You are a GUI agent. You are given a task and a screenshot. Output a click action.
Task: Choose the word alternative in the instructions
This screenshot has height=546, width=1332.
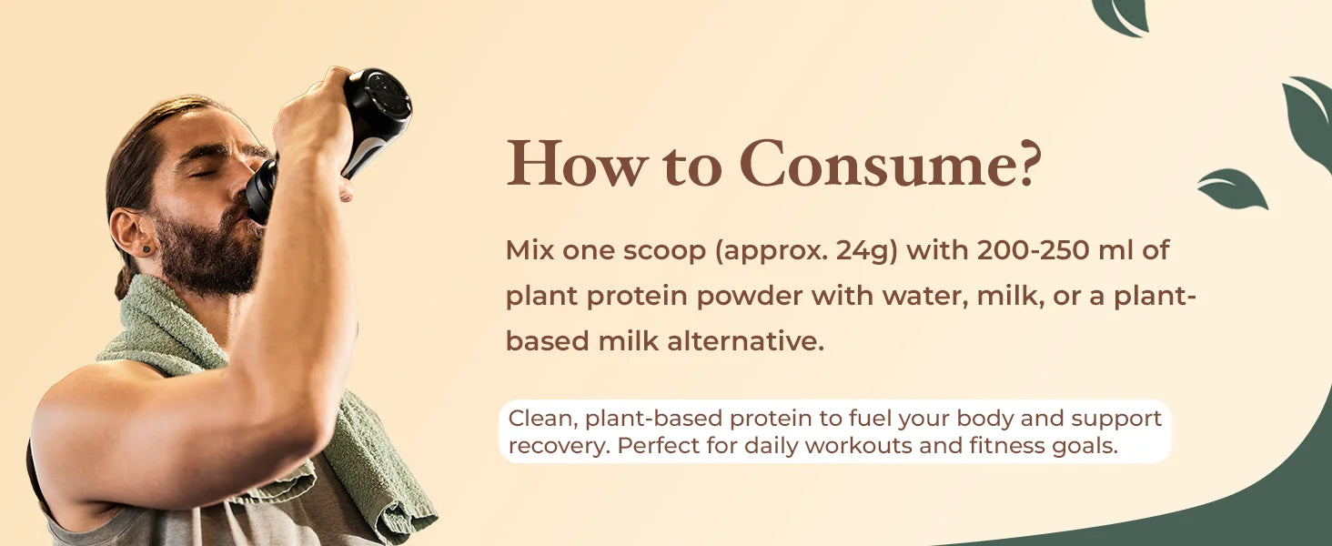point(745,341)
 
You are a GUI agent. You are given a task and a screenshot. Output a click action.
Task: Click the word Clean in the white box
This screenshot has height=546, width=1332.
point(543,419)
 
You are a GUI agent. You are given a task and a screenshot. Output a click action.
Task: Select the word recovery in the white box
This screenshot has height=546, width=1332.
point(560,446)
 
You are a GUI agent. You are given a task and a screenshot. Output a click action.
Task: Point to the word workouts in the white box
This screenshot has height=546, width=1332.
point(858,446)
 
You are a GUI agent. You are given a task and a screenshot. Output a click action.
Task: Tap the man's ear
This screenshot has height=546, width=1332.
point(132,232)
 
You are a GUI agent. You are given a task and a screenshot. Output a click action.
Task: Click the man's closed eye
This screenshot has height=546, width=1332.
point(203,173)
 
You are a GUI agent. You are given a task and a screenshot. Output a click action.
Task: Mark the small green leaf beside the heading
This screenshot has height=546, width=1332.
point(1231,189)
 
